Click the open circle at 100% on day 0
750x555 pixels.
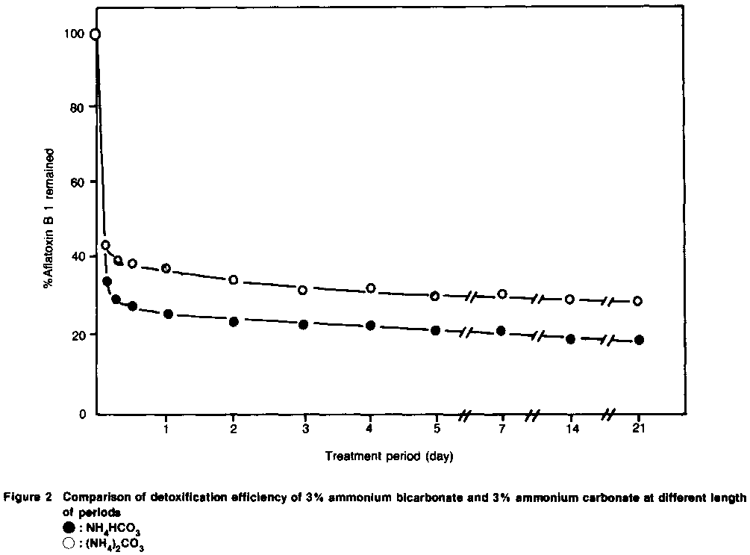click(x=95, y=34)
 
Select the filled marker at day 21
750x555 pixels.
click(x=639, y=340)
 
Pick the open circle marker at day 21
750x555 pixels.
click(x=638, y=301)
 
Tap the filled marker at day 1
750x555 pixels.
click(x=168, y=314)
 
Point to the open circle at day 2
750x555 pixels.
click(x=233, y=279)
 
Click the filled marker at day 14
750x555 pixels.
click(x=570, y=338)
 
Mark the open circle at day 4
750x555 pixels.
click(x=370, y=288)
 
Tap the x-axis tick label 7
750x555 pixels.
click(x=501, y=429)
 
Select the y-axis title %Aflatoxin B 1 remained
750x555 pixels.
click(x=49, y=217)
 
